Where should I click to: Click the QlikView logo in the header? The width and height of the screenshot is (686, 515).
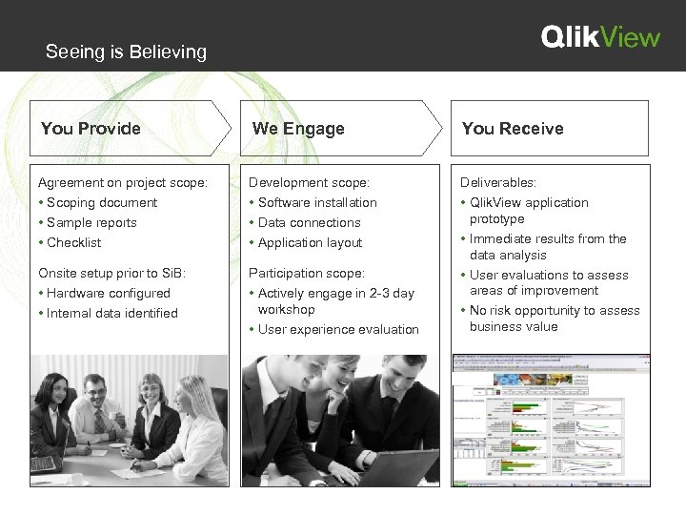pos(600,37)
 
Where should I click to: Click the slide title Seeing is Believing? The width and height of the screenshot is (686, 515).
pos(126,51)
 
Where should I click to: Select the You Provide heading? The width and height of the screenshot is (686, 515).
pos(91,129)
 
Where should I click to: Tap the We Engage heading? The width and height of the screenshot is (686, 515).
pos(298,129)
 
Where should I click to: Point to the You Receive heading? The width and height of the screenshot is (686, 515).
pos(513,129)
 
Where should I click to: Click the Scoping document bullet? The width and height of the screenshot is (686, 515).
pos(101,202)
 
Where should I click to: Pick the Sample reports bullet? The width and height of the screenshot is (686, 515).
pos(91,222)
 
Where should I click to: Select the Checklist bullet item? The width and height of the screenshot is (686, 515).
pos(73,242)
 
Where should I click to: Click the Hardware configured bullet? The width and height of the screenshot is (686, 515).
pos(108,293)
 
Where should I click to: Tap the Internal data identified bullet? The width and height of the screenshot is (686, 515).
pos(111,313)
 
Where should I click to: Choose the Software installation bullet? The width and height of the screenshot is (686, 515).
pos(316,202)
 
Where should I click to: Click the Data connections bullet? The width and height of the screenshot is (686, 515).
pos(309,222)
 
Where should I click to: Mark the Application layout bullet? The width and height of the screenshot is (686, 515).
pos(310,242)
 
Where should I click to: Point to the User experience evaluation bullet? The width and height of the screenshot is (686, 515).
pos(337,329)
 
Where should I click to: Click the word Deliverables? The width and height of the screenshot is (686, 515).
pos(498,182)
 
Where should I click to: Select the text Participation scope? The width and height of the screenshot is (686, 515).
pos(306,273)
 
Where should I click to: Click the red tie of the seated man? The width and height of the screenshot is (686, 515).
pos(98,420)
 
